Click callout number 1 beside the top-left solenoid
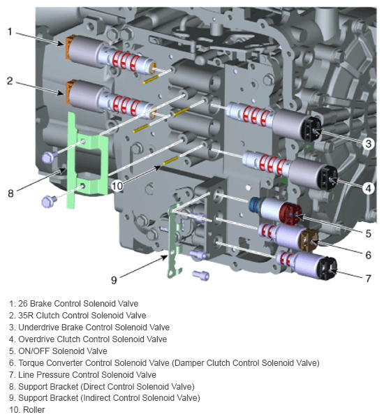coord(10,32)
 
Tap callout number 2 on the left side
coord(10,81)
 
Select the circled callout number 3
coord(369,144)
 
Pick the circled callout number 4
coord(369,189)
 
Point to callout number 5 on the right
coord(369,233)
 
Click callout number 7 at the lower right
coord(369,279)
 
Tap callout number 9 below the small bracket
coord(114,280)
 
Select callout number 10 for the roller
coord(117,186)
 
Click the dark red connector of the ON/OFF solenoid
coord(290,213)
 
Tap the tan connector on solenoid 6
coord(309,240)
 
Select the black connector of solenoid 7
coord(327,268)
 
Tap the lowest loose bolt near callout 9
coord(200,275)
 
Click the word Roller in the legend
coord(34,410)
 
